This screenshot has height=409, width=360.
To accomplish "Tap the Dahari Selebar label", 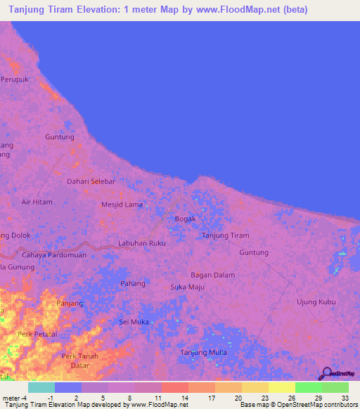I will click(x=91, y=181).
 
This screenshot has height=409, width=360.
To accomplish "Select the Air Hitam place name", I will click(x=37, y=202).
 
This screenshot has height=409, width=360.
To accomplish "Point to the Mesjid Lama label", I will click(x=122, y=204).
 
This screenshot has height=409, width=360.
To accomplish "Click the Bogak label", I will click(x=185, y=219).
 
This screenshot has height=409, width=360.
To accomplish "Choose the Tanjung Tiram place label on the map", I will click(x=226, y=235).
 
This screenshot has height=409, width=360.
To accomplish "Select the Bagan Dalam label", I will click(x=213, y=275).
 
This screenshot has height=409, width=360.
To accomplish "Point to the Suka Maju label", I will click(x=187, y=287).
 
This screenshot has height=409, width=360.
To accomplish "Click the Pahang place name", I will click(x=133, y=284).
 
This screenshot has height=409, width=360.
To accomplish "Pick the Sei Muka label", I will click(x=134, y=322).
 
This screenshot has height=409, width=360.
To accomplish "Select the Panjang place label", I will click(x=70, y=304).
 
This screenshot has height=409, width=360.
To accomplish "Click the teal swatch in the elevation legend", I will click(x=41, y=387).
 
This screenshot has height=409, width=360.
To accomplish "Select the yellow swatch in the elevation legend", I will click(x=282, y=387).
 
